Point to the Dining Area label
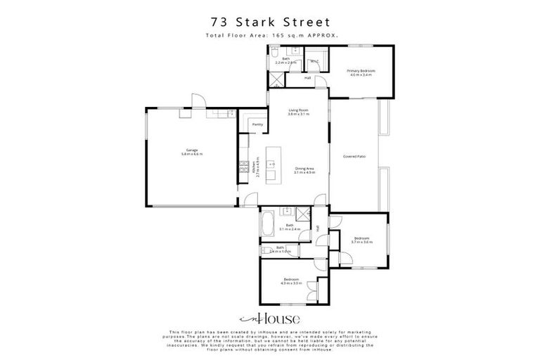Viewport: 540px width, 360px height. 304,169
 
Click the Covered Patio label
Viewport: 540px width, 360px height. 353,156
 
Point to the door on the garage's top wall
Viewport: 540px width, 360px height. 198,102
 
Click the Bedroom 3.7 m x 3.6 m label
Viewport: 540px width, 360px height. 362,240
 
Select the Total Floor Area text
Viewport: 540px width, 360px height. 269,35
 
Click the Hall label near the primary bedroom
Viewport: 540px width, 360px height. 307,78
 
